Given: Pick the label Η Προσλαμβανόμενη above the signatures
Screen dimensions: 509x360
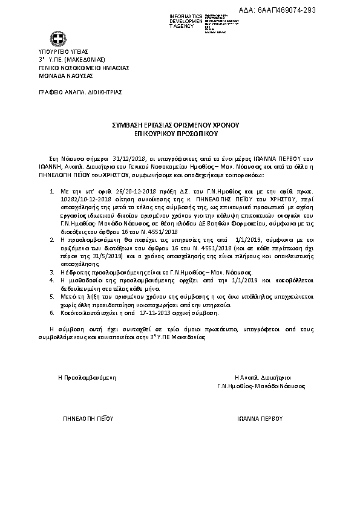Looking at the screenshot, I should (x=87, y=377).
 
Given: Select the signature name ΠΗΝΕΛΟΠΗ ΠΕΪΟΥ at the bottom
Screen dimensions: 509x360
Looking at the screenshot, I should (x=88, y=418).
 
